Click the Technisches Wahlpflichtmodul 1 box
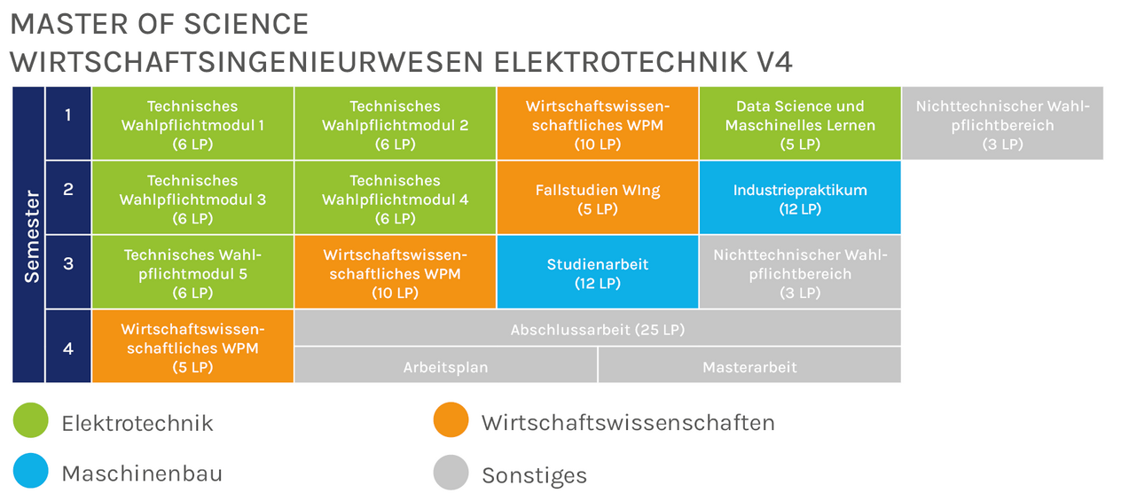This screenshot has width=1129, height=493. (192, 124)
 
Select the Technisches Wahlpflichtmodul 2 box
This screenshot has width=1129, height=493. (395, 124)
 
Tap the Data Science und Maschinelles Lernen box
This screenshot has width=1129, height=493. (800, 124)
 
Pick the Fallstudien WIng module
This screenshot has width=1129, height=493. (598, 198)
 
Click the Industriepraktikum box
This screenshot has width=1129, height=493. (800, 198)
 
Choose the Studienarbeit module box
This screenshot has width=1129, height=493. (598, 272)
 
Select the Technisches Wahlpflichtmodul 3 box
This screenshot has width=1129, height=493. (192, 198)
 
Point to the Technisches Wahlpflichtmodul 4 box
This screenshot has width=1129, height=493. (395, 198)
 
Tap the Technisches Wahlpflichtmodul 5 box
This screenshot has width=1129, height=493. (192, 272)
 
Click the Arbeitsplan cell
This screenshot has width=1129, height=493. (445, 365)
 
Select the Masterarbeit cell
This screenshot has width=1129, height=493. (749, 365)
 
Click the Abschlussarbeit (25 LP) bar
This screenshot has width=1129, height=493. (598, 329)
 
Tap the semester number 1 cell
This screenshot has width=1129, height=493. (68, 116)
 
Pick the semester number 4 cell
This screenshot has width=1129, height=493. (68, 348)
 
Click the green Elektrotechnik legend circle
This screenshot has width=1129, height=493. (30, 420)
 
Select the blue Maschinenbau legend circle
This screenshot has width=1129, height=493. (30, 472)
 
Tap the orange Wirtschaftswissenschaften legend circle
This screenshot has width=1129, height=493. (451, 420)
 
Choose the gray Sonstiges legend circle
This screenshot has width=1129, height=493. (451, 472)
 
